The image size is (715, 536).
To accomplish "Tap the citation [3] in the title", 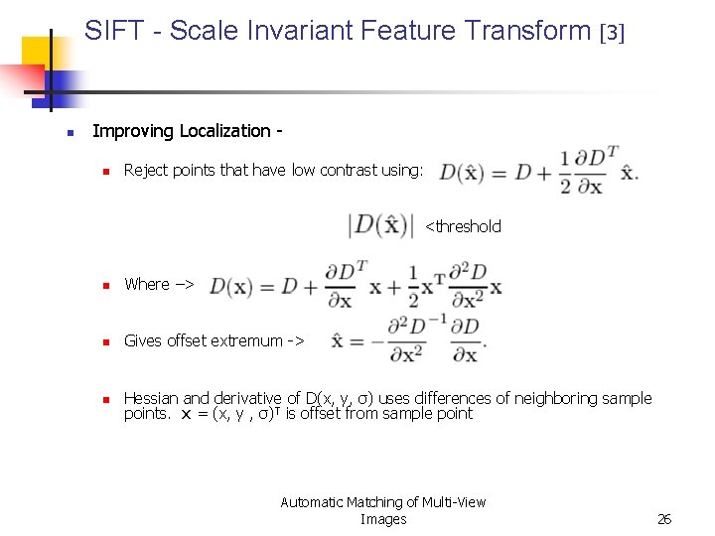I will tap(613, 33).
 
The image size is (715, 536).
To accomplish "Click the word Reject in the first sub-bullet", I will tap(145, 170).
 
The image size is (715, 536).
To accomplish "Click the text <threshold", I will tap(463, 226).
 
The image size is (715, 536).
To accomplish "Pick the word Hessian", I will tap(152, 398).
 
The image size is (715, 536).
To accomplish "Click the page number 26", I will tap(664, 519).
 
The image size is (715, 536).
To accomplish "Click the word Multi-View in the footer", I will tap(453, 502).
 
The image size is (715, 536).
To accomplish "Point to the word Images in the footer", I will tap(383, 519).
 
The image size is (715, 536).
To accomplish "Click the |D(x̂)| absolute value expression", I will tap(380, 225).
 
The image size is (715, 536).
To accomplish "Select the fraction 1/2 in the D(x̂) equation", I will tap(565, 171).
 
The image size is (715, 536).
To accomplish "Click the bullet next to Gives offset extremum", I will tap(102, 341).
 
